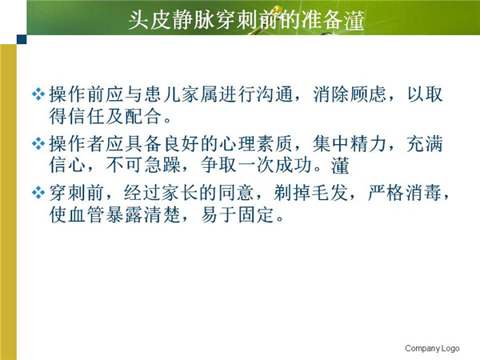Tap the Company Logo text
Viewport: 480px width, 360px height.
coord(432,348)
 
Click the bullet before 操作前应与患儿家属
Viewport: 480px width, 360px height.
coord(38,94)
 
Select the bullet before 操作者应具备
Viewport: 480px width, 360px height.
coord(38,143)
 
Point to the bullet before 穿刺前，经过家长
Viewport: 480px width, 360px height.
coord(38,193)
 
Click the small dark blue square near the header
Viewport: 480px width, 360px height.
coord(22,39)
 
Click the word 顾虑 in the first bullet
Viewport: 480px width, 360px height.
coord(369,94)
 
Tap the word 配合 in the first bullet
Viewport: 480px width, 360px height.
coord(144,116)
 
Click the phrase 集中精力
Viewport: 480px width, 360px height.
coord(350,143)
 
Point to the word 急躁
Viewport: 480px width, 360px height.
coord(162,165)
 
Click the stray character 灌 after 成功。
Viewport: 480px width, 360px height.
coord(340,166)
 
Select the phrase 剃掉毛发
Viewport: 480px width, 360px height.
coord(311,193)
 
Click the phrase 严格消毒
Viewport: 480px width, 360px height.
coord(405,193)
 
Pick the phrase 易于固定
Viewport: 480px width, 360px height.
coord(238,214)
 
